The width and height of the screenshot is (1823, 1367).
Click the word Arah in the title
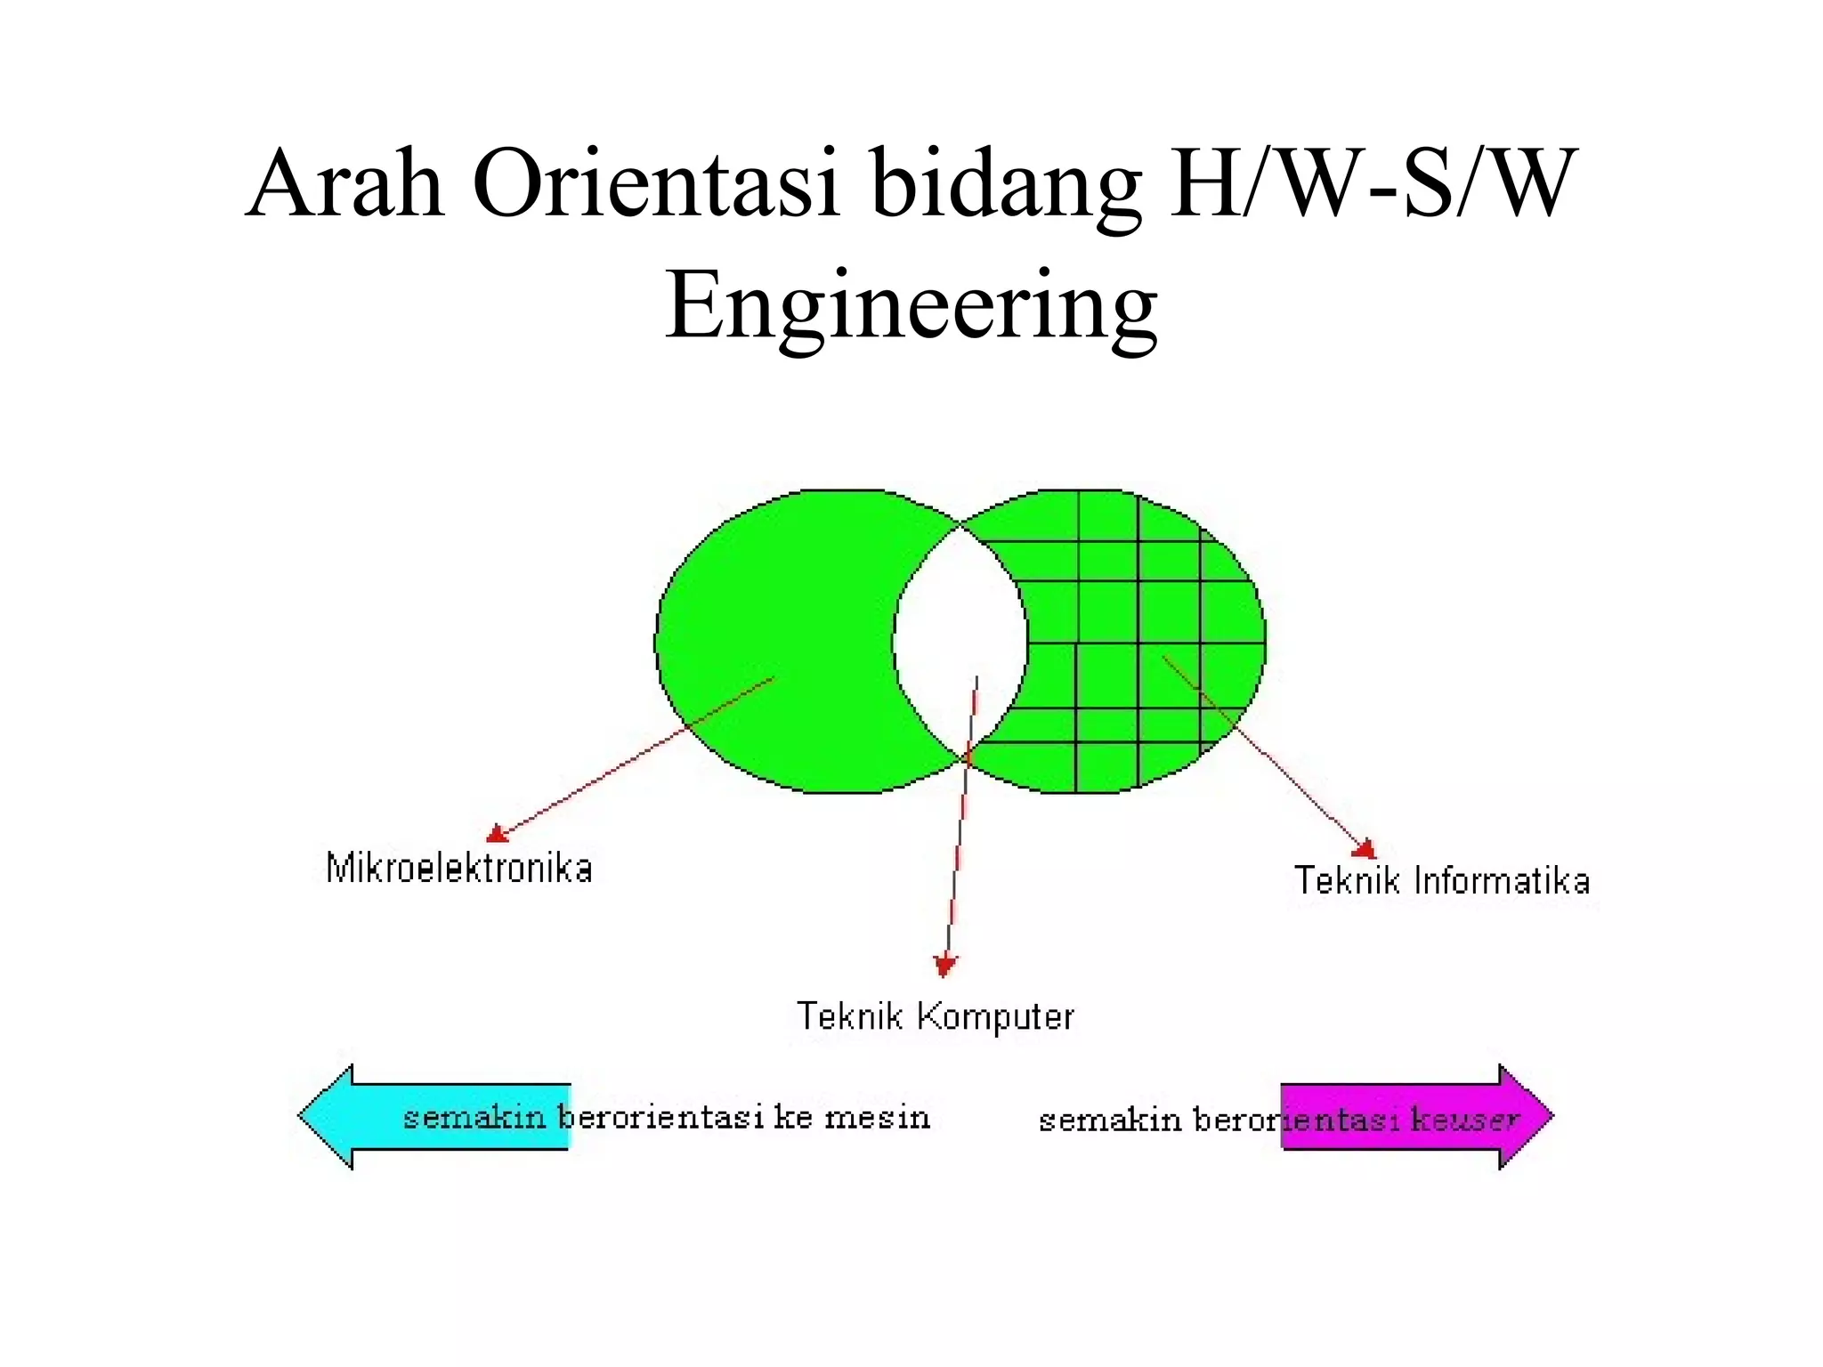(345, 184)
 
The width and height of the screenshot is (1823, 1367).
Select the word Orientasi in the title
(656, 184)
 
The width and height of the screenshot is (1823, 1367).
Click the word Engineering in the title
(911, 307)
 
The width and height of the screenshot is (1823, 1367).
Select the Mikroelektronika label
(458, 869)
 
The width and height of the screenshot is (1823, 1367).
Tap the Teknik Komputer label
(936, 1016)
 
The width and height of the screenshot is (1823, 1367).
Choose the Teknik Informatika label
(1441, 881)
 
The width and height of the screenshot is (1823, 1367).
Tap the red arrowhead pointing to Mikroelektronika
(497, 834)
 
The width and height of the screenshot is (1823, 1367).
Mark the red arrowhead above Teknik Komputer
(944, 966)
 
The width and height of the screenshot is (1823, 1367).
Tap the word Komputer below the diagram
(995, 1016)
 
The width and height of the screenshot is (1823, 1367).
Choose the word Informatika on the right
(1502, 881)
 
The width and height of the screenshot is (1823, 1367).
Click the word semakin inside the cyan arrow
(474, 1117)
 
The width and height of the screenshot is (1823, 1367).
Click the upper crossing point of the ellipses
(960, 526)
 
